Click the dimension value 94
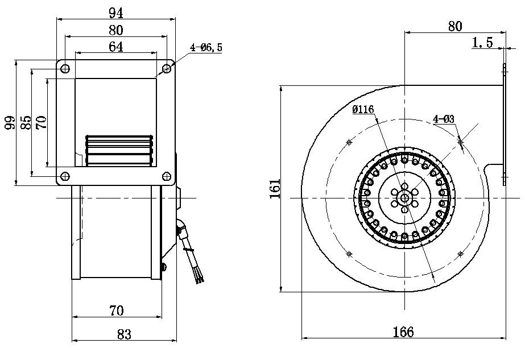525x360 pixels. [x=116, y=11]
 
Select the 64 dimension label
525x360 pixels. [x=116, y=47]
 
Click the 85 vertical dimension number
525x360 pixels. [x=26, y=122]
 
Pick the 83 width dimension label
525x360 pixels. [x=124, y=334]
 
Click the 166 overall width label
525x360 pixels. [x=403, y=331]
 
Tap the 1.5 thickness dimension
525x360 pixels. [x=482, y=43]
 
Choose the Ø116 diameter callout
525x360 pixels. [x=363, y=110]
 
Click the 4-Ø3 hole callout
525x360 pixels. [x=443, y=119]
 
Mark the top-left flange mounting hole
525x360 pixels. [x=65, y=69]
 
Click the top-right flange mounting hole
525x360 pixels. [x=167, y=69]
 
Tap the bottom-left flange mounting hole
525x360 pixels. [x=65, y=176]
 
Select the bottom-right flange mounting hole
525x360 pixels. [x=167, y=176]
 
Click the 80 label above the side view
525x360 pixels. [x=455, y=26]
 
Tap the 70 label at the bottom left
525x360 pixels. [x=116, y=311]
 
